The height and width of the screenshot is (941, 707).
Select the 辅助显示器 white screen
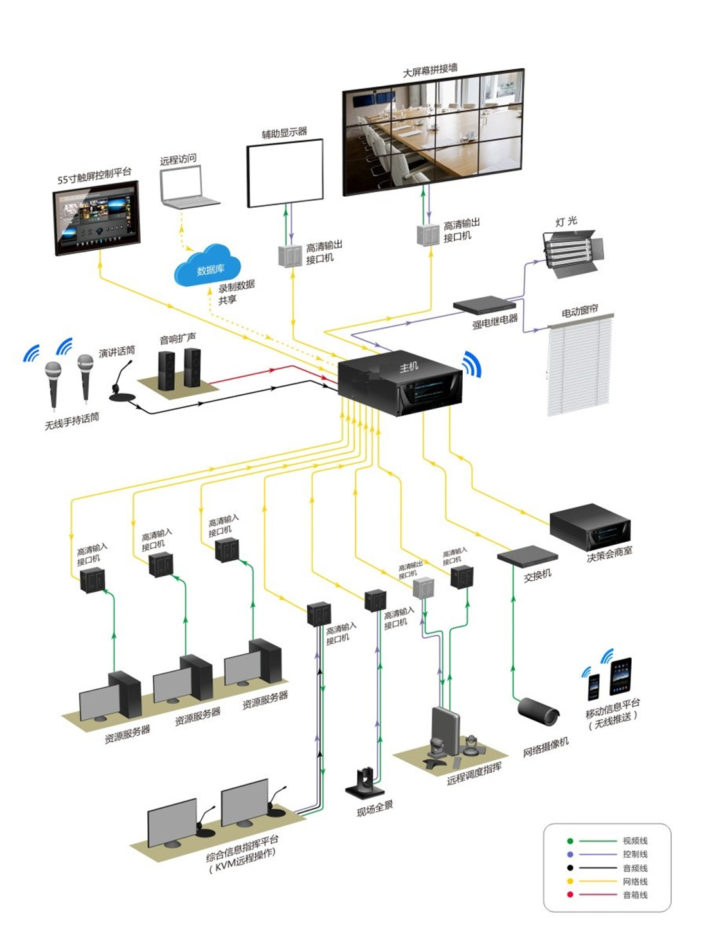point(285,172)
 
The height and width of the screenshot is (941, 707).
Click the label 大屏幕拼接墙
point(430,69)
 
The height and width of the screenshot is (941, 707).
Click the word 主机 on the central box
point(409,367)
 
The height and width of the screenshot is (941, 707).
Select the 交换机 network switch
point(527,556)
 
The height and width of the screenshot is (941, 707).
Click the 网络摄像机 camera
point(539,710)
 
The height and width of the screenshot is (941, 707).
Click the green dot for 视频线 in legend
point(570,841)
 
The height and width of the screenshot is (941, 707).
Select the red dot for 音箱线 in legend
point(570,895)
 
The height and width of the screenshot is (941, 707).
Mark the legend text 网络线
point(635,881)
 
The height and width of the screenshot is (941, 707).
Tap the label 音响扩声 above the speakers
point(177,338)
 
